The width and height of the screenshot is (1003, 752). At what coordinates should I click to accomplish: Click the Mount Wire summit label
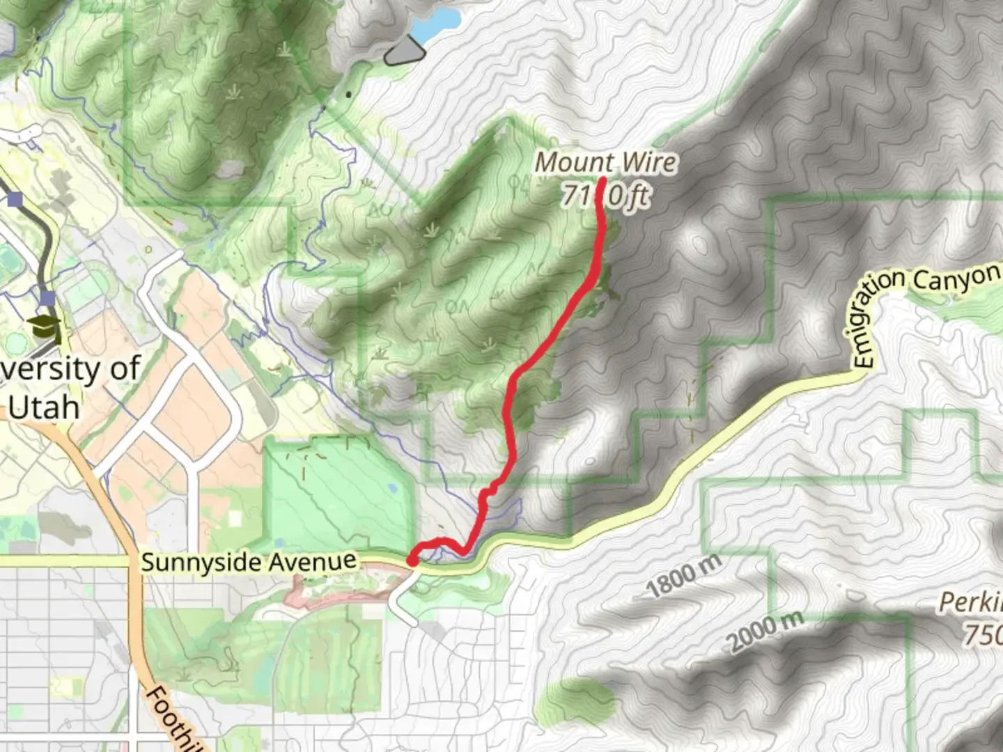coord(605,163)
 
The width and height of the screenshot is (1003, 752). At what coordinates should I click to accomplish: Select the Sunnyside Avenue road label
coord(249,561)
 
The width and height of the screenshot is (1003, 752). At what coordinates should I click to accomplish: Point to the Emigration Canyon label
coord(926,306)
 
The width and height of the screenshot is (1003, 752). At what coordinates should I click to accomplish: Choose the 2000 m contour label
coord(766,631)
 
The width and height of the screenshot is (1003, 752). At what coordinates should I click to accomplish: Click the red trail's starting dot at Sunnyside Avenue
coord(412,561)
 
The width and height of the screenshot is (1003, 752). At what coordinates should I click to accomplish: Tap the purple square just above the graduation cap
coord(47,299)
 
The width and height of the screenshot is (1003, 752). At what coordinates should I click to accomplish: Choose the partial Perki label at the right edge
coord(971,603)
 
